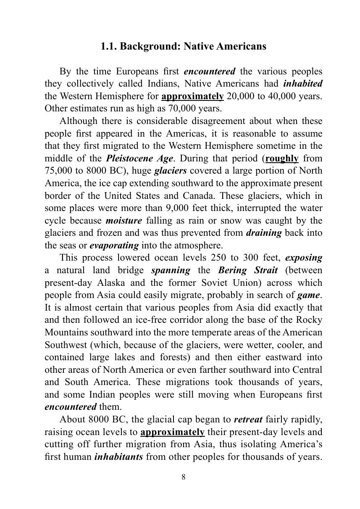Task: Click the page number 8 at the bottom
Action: coord(184,477)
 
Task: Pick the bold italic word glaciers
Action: coord(171,171)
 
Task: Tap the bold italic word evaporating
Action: coord(114,245)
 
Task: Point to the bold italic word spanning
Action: coord(171,270)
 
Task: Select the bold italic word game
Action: coord(308,295)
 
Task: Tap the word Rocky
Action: coord(309,320)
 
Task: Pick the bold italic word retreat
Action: coord(248,419)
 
